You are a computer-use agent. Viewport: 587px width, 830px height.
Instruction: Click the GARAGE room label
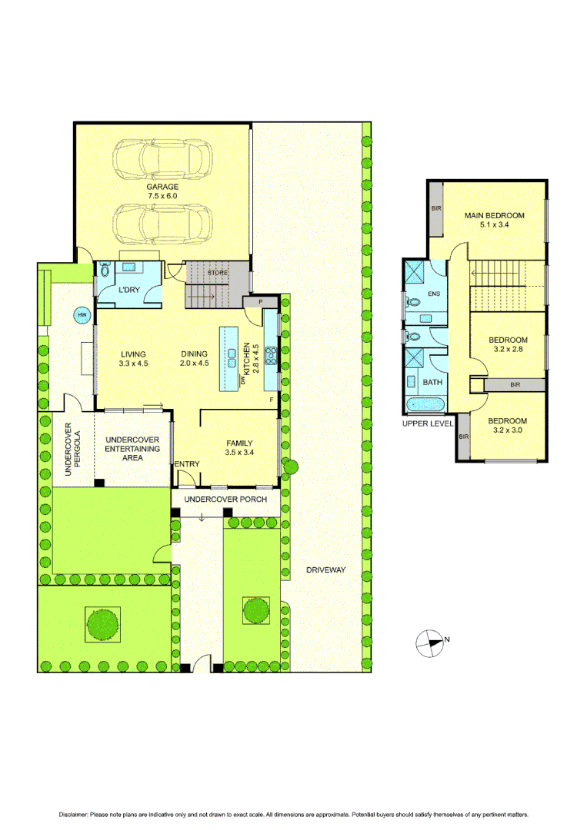162,187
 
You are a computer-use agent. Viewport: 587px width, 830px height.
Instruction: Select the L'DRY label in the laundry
128,290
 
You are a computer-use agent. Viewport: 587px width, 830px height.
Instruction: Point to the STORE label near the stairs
218,272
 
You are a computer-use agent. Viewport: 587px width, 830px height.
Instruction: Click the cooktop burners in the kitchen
271,355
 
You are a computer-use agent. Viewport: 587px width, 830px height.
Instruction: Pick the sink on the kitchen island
231,354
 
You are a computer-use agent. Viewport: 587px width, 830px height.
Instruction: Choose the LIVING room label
132,354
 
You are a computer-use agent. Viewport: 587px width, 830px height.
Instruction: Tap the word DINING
195,354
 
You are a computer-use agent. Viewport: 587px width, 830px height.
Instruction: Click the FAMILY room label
240,443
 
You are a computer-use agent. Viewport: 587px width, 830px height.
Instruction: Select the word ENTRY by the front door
187,463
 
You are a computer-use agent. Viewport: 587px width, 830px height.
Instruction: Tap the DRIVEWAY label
326,570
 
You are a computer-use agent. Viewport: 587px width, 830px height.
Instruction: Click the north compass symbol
429,642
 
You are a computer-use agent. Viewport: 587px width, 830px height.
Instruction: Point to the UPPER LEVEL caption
427,423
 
